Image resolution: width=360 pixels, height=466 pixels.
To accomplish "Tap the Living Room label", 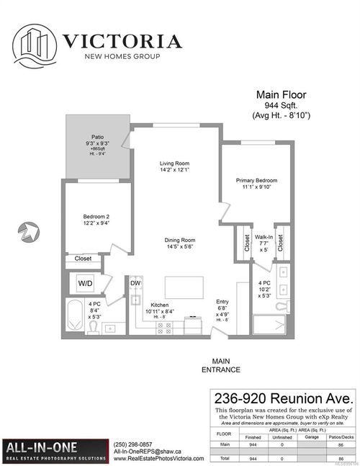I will tap(174, 167).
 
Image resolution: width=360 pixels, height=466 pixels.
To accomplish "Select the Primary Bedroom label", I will tap(256, 184).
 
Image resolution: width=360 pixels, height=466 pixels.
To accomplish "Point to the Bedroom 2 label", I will tap(96, 220).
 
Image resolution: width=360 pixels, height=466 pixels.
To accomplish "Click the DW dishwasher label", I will tap(135, 283).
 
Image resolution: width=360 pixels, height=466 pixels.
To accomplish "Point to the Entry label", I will tap(222, 305).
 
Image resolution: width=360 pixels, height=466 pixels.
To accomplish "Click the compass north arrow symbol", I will tap(27, 232).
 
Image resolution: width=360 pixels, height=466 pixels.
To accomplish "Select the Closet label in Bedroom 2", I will tap(84, 258).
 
